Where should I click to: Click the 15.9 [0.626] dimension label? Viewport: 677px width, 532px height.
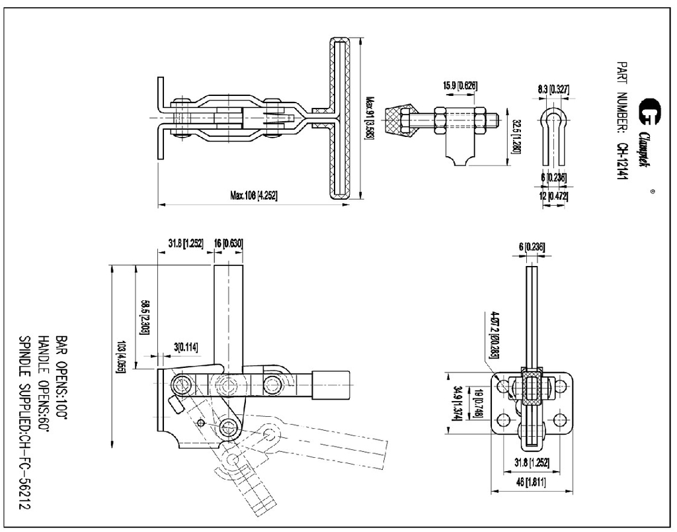coord(460,85)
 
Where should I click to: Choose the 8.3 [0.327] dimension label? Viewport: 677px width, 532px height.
coord(553,89)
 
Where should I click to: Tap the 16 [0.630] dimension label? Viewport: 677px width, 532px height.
coord(228,244)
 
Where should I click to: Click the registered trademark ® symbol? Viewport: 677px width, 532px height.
coord(652,192)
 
